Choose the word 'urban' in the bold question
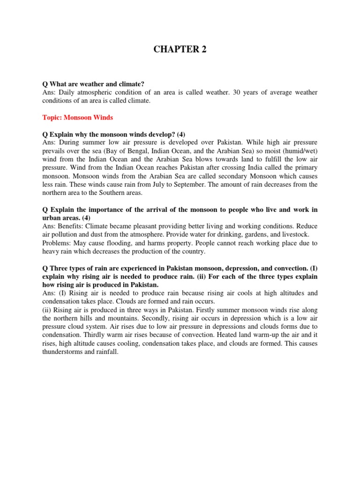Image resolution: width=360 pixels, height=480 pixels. (52, 218)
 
